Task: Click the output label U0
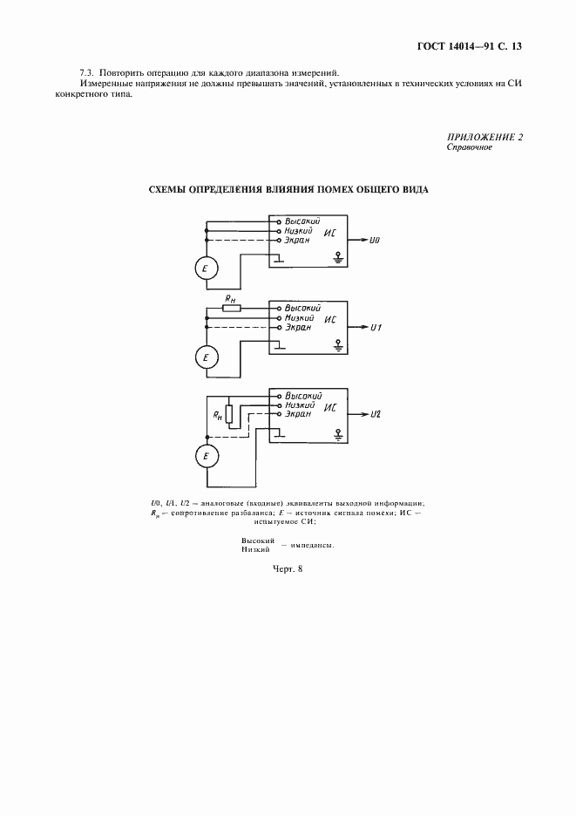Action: (376, 240)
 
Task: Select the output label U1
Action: (376, 327)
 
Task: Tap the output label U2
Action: (376, 414)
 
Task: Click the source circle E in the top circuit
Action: (205, 270)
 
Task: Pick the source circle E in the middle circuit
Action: (205, 357)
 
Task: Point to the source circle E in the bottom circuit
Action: (205, 455)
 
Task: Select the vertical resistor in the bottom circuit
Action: (228, 414)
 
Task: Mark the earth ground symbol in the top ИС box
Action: (338, 257)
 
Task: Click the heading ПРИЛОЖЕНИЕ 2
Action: (485, 138)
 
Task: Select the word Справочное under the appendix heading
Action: (470, 147)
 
